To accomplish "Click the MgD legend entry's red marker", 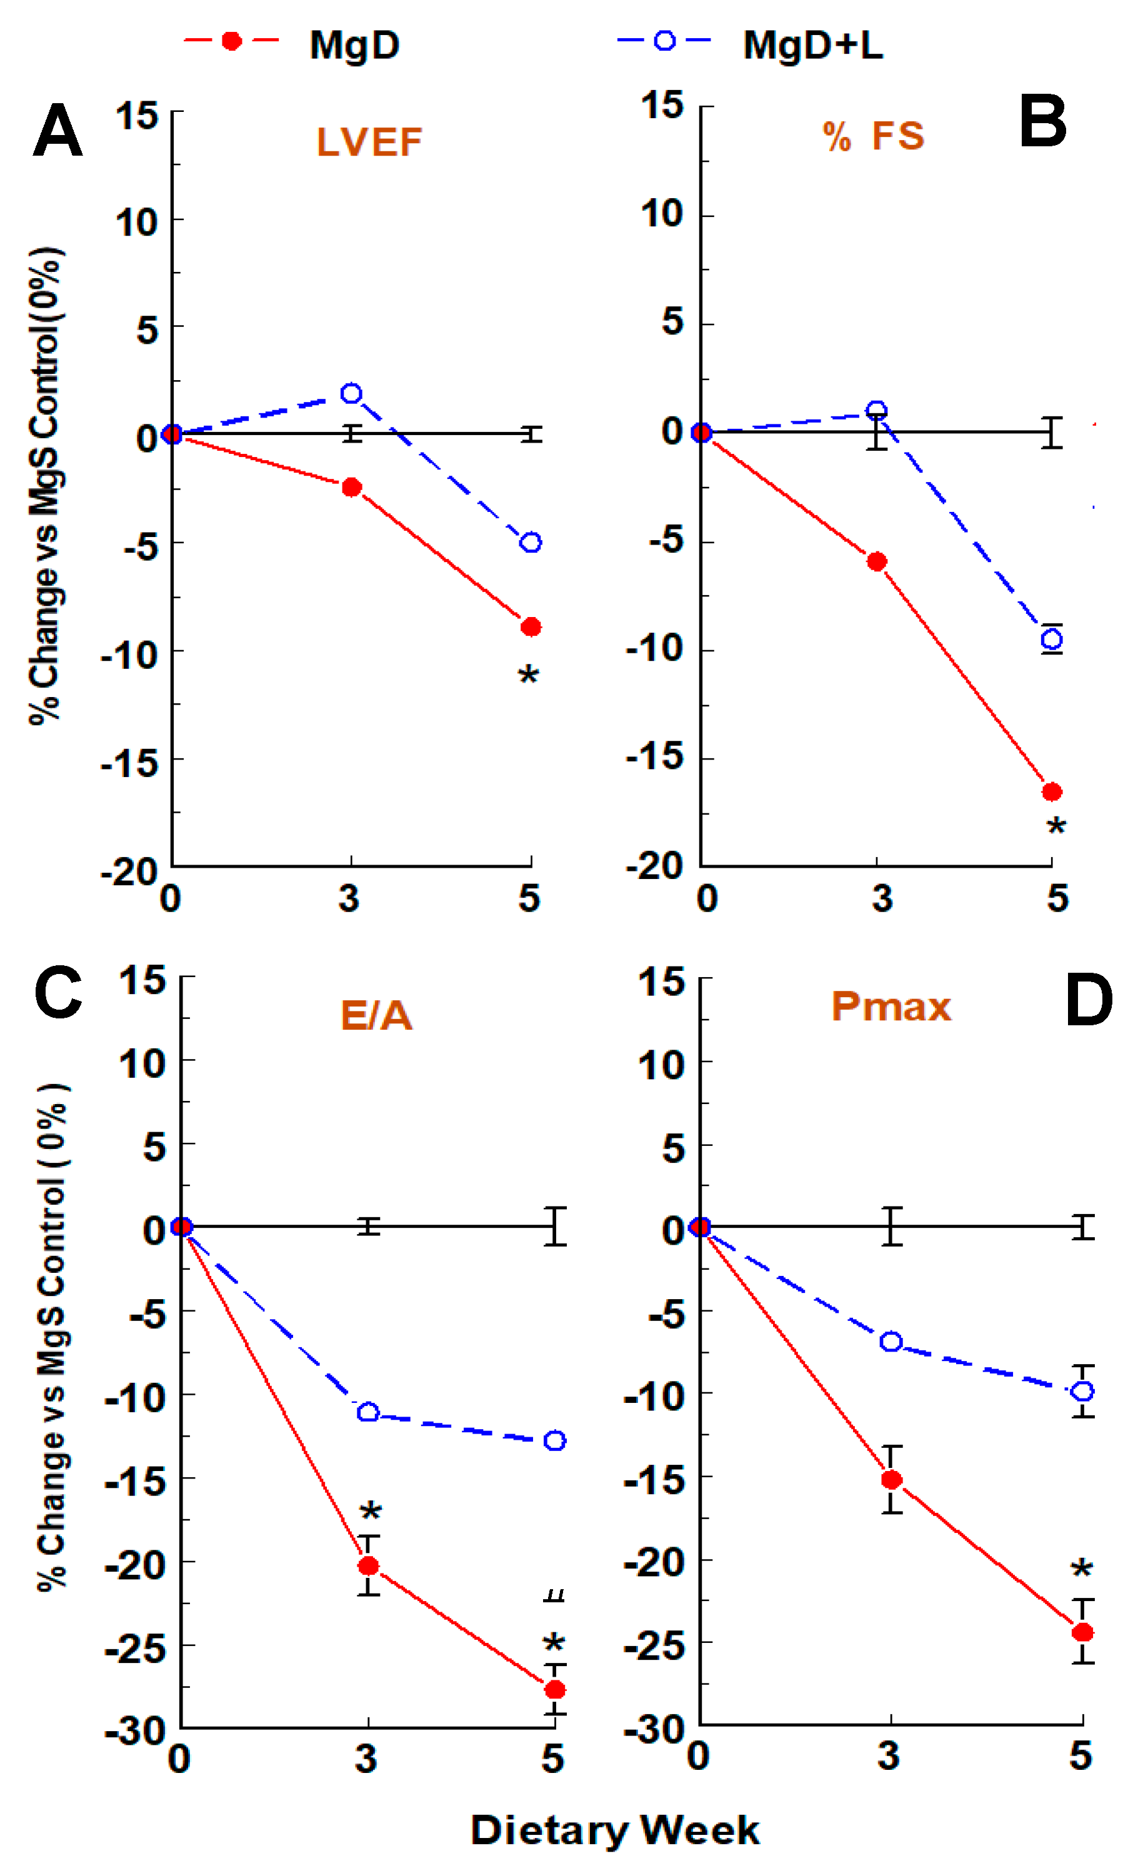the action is point(231,41).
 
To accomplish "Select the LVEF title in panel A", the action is point(369,142).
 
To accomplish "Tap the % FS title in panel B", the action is point(873,136).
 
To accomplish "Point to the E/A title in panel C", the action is point(376,1015).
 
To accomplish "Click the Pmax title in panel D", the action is point(891,1007).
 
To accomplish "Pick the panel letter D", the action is point(1088,1000).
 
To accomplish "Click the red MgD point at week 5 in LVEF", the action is point(531,626).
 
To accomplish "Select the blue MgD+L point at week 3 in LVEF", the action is point(351,393).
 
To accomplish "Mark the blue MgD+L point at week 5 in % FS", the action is point(1052,640).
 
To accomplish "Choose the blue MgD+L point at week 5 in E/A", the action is point(555,1440).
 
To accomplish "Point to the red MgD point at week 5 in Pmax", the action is point(1083,1632).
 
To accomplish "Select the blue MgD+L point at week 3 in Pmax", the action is point(891,1341).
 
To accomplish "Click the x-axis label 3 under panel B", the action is point(882,898).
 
